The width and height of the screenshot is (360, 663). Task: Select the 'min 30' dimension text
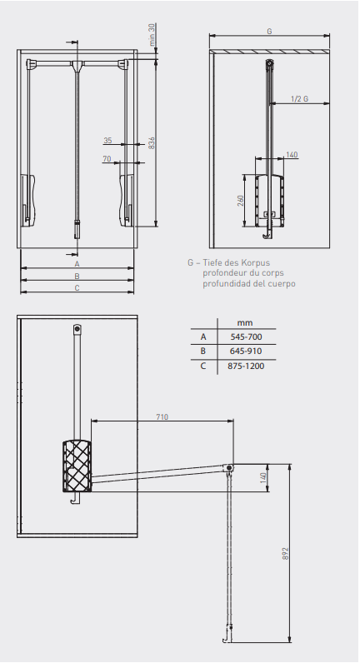tap(152, 37)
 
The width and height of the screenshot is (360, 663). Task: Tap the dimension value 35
tap(107, 140)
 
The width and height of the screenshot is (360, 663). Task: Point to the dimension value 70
tap(107, 158)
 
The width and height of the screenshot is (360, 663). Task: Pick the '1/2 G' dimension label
tap(299, 99)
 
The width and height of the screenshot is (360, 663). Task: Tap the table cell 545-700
tap(245, 336)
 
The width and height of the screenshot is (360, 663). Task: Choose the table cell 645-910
tap(245, 351)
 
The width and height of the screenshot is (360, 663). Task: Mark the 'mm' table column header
tap(244, 322)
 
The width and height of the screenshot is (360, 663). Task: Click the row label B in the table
tap(202, 351)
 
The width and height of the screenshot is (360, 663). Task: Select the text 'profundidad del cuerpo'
tap(248, 283)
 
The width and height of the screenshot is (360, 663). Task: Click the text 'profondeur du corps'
tap(242, 273)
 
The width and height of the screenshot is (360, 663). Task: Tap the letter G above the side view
tap(268, 31)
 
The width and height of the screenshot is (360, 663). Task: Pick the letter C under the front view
tap(77, 288)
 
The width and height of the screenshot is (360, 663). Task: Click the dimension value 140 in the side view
tap(292, 155)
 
